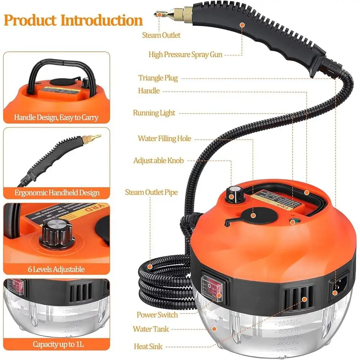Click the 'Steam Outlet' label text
pyautogui.click(x=161, y=35)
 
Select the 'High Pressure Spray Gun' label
pyautogui.click(x=185, y=55)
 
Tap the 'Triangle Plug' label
pyautogui.click(x=158, y=78)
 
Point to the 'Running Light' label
pyautogui.click(x=154, y=113)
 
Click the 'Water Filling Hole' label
pyautogui.click(x=165, y=139)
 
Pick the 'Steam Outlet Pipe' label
pyautogui.click(x=151, y=192)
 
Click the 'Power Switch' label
pyautogui.click(x=157, y=315)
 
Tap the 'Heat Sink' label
pyautogui.click(x=146, y=346)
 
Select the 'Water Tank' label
pyautogui.click(x=150, y=329)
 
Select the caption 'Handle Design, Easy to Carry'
pyautogui.click(x=56, y=117)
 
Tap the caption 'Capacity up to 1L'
pyautogui.click(x=58, y=344)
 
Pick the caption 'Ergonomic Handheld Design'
pyautogui.click(x=57, y=193)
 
